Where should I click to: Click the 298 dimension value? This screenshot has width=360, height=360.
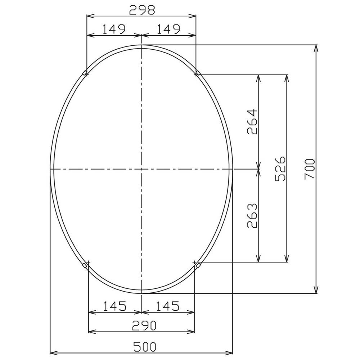tap(142, 10)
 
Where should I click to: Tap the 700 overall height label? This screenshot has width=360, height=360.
tap(310, 169)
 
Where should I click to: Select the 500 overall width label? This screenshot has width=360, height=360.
tap(145, 346)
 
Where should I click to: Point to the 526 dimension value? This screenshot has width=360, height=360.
tap(280, 168)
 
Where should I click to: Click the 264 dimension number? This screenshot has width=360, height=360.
tap(252, 122)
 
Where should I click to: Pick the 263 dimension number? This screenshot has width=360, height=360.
tap(252, 215)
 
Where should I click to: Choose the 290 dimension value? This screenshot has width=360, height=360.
tap(145, 325)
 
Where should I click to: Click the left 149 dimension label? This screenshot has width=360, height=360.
tap(114, 29)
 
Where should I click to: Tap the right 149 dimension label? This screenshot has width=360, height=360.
tap(168, 29)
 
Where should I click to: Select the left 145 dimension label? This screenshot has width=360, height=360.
tap(115, 306)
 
